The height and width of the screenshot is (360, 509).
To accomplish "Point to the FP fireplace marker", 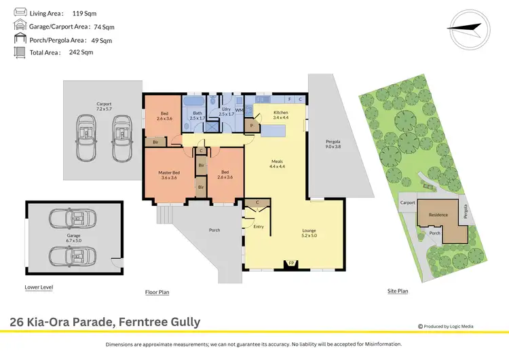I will pos(292,263).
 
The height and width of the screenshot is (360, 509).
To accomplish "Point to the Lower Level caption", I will pos(39,287).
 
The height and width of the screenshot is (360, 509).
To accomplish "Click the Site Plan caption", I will pos(398,291).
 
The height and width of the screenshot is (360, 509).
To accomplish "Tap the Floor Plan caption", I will pos(157,292).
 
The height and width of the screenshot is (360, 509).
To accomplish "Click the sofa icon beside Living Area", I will pos(20,13).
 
